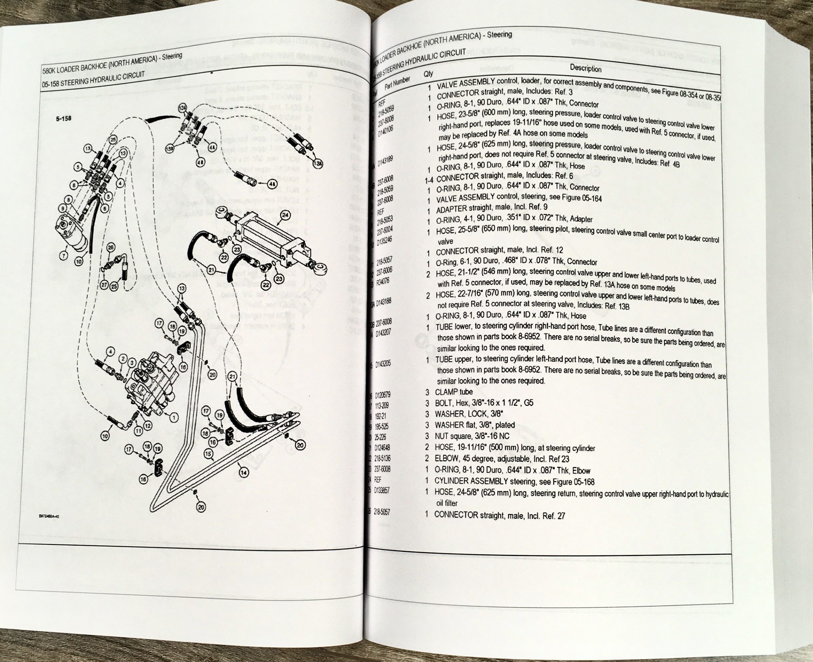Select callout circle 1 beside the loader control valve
(174, 418)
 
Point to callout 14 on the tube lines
(243, 472)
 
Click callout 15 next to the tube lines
(208, 454)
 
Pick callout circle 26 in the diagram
(111, 247)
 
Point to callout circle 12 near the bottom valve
(147, 426)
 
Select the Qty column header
(428, 74)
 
